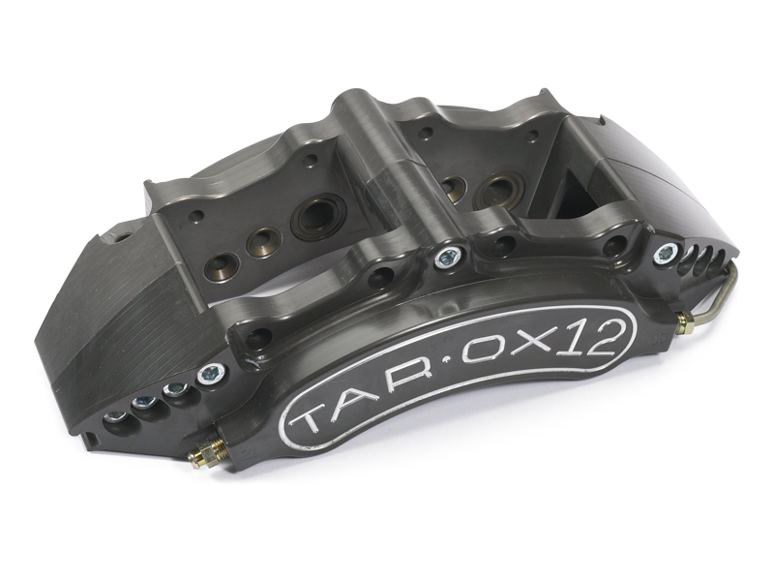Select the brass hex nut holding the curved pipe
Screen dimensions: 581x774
tap(686, 319)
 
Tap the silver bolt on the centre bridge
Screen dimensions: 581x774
tap(446, 256)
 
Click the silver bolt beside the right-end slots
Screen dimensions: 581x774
tap(664, 254)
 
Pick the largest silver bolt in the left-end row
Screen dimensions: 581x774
tap(208, 372)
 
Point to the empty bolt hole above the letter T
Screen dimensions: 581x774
tap(259, 338)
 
